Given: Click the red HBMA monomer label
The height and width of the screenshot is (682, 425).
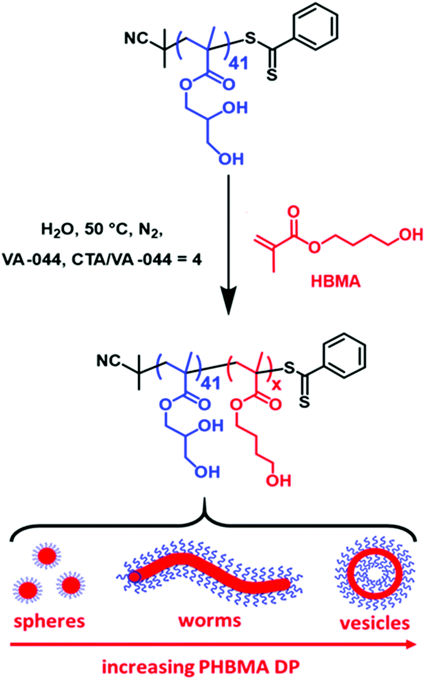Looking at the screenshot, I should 335,281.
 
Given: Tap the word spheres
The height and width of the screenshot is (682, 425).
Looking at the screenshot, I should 49,621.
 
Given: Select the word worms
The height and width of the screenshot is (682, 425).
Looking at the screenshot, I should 210,620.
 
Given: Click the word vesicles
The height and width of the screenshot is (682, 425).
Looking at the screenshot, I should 374,623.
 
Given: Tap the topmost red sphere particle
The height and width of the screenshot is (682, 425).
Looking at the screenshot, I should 46,556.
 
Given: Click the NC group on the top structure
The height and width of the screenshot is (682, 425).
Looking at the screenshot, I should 136,38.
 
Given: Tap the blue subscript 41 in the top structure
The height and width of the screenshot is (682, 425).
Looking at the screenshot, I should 238,63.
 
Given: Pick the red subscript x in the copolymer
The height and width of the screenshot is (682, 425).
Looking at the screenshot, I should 276,386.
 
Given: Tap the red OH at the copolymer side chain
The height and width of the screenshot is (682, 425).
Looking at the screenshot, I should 278,480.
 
